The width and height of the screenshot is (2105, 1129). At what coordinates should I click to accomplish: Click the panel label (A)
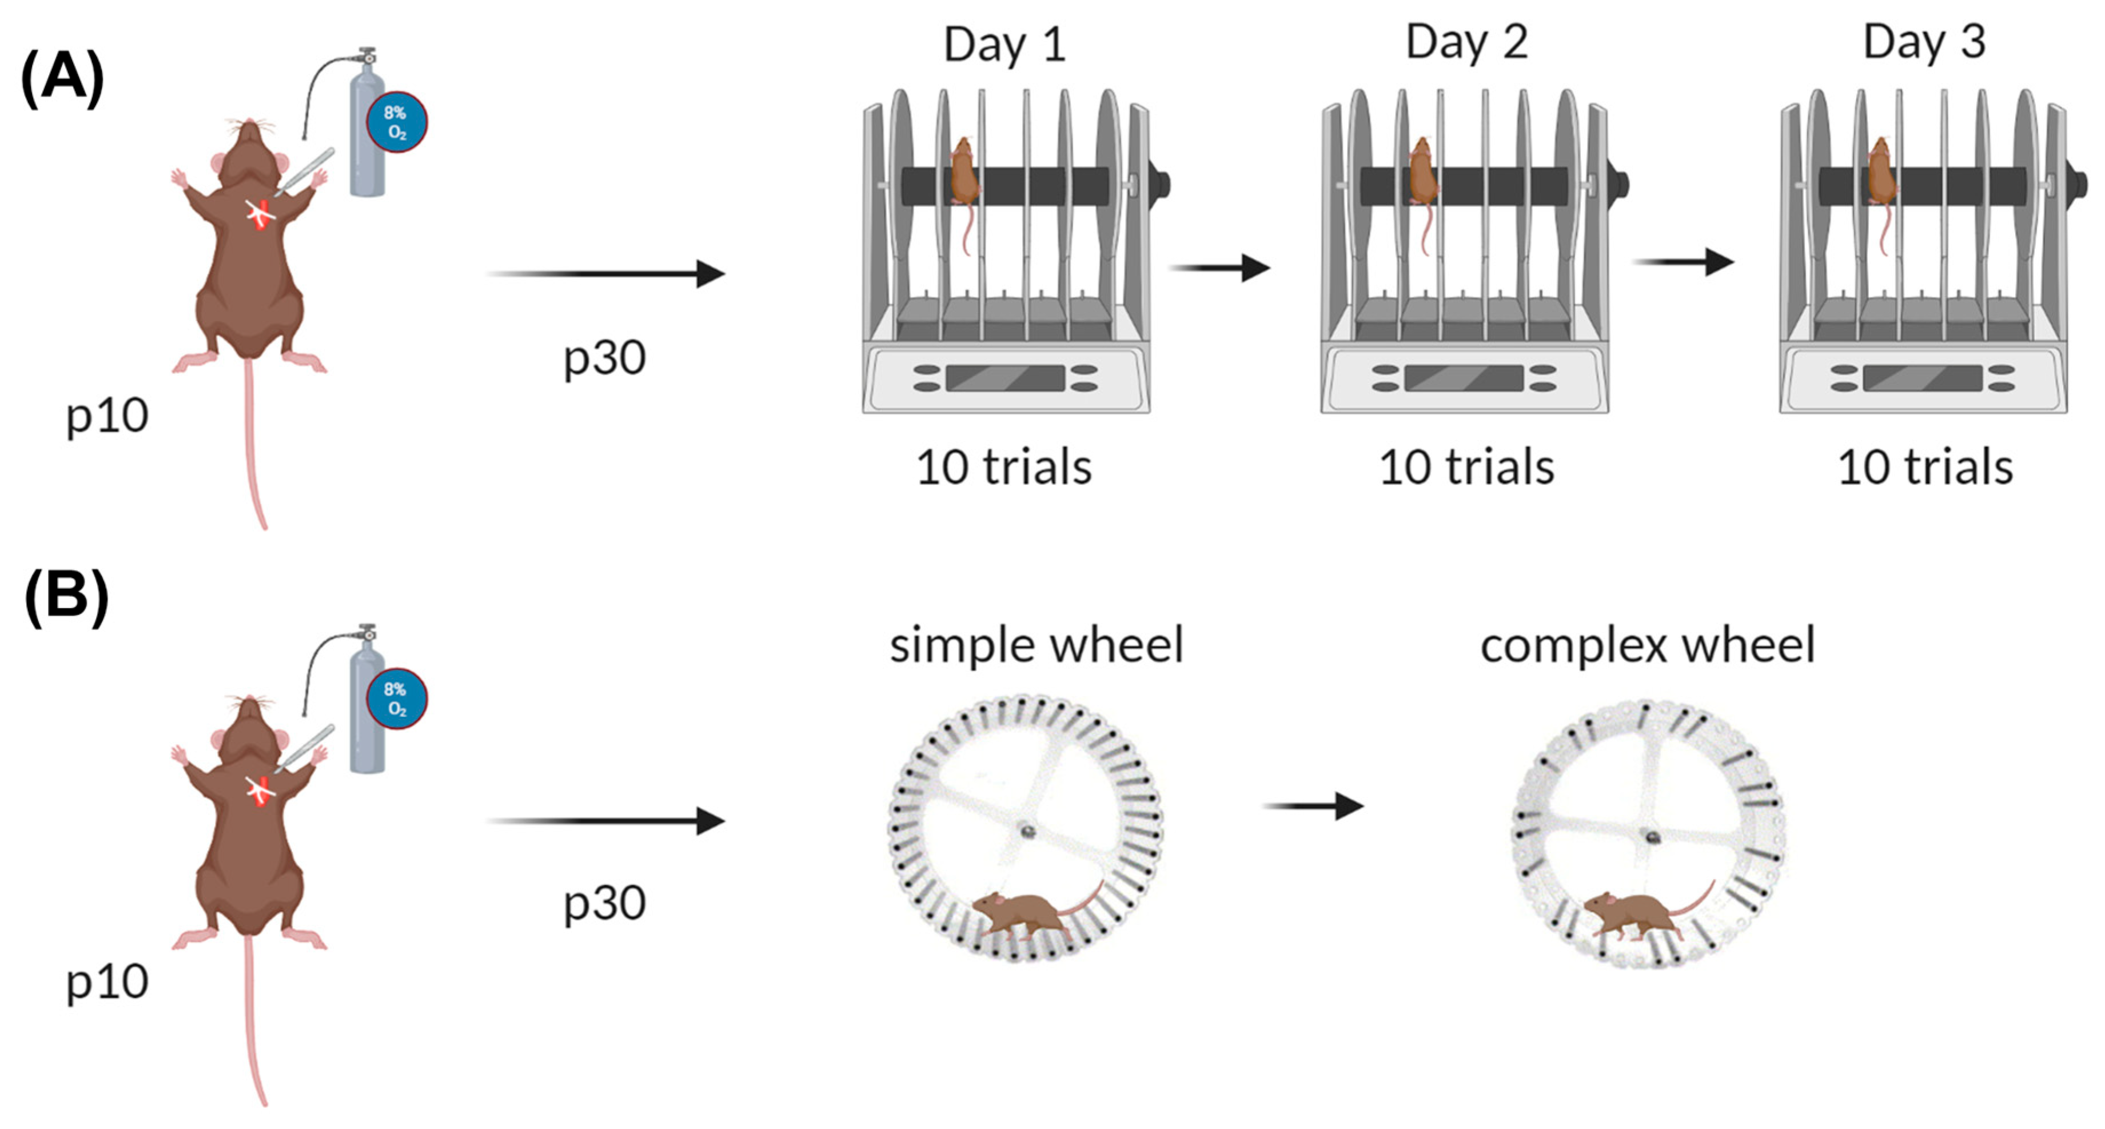pos(62,78)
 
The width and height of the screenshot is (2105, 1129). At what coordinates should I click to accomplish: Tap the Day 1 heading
pos(1004,45)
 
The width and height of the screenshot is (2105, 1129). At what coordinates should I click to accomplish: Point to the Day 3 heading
pos(1924,42)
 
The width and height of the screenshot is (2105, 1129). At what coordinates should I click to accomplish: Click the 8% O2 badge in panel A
pos(396,122)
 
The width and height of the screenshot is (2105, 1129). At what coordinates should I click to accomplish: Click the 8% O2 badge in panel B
pos(396,699)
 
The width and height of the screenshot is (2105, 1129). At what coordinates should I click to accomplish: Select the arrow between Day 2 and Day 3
pos(1683,262)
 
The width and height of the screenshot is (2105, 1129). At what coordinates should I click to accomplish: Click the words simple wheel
pos(1036,645)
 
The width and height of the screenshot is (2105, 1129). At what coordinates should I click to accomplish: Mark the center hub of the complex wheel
pos(1652,837)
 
